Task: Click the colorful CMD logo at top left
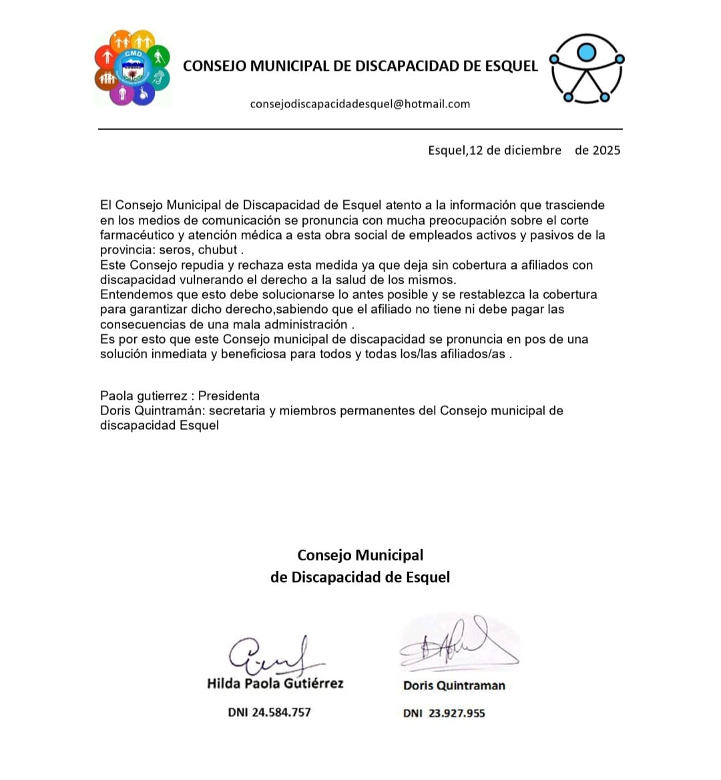click(132, 67)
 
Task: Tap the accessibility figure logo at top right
click(587, 69)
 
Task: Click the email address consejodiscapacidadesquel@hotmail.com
click(360, 104)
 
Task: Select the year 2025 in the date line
click(606, 151)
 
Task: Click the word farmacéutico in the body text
click(138, 236)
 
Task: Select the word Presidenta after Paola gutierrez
click(229, 396)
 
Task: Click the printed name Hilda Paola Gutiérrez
click(275, 683)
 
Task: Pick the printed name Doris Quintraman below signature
click(454, 685)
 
